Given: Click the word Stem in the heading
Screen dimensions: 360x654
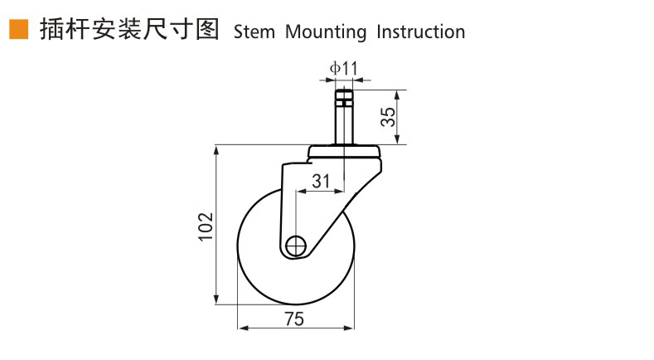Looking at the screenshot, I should coord(255,32).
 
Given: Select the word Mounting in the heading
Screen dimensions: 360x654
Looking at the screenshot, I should coord(326,32).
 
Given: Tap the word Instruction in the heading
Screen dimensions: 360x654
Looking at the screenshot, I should coord(420,32).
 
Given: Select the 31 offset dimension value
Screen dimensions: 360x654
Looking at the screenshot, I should coord(320,180).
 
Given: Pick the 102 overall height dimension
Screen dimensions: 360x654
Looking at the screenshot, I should coord(206,226).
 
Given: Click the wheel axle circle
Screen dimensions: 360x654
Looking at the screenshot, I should coord(296,246).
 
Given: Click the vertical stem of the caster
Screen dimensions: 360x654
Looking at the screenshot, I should coord(343,124).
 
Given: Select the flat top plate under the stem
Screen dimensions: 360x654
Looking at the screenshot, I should coord(344,152).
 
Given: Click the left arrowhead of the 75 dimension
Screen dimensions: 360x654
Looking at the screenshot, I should coord(241,329).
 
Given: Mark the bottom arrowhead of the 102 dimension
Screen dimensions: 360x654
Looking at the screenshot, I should coord(218,300).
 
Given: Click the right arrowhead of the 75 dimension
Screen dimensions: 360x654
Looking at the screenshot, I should coord(351,329).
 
